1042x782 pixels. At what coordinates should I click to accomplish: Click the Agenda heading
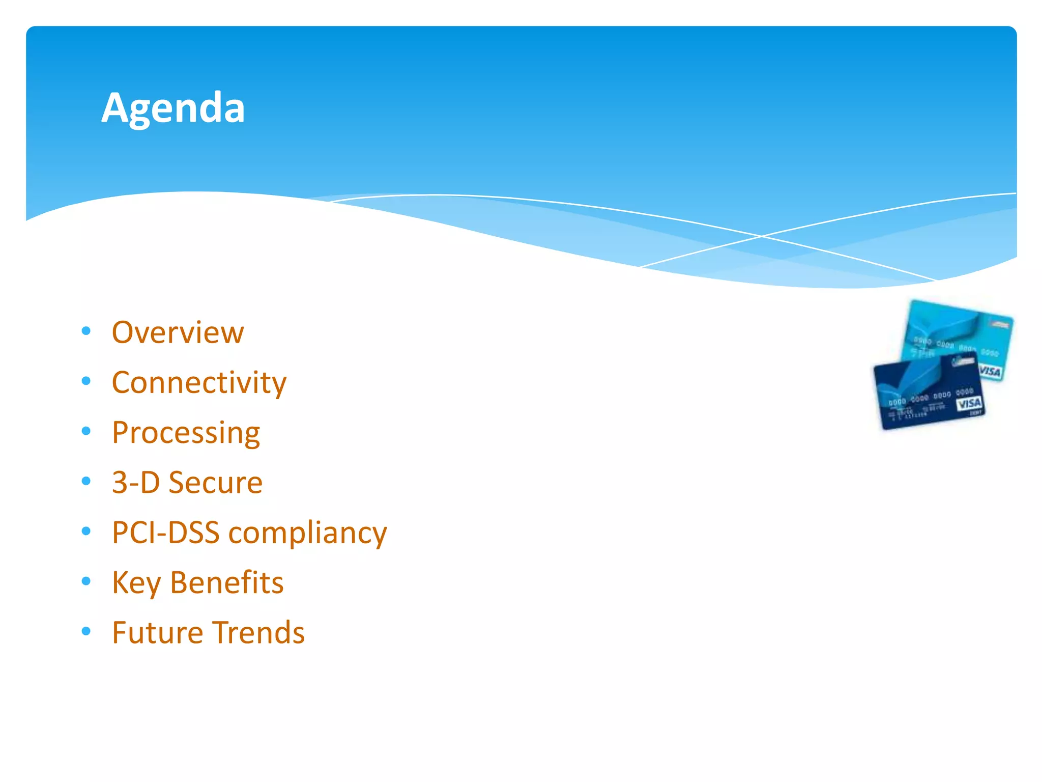pyautogui.click(x=173, y=108)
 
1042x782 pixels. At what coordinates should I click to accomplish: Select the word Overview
pyautogui.click(x=178, y=332)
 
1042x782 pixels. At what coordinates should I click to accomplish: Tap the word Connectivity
pyautogui.click(x=199, y=382)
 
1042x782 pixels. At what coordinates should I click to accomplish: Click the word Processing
pyautogui.click(x=186, y=433)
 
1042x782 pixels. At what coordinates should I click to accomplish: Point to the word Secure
pyautogui.click(x=215, y=482)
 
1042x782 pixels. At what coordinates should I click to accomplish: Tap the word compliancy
pyautogui.click(x=307, y=534)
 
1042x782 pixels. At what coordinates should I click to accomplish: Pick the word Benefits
pyautogui.click(x=226, y=582)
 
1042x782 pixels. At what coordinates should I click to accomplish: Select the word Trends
pyautogui.click(x=258, y=632)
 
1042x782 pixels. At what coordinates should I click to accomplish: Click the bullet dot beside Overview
pyautogui.click(x=86, y=331)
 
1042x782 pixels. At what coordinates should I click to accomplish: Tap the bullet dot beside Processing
pyautogui.click(x=86, y=431)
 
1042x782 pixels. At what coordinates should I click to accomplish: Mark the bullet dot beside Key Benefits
pyautogui.click(x=86, y=581)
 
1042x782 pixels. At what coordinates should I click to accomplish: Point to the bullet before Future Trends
pyautogui.click(x=86, y=631)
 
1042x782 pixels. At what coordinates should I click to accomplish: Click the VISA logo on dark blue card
pyautogui.click(x=969, y=404)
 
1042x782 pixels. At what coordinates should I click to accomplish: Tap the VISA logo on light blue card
pyautogui.click(x=990, y=371)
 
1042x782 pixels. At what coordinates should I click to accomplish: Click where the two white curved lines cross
pyautogui.click(x=762, y=236)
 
